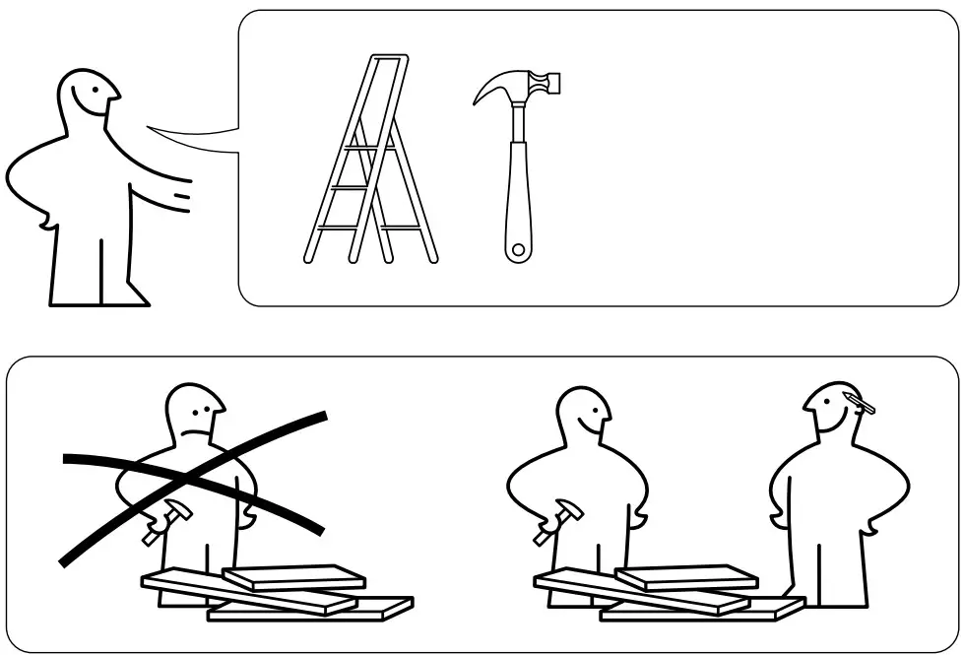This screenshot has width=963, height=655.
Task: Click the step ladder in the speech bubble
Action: pyautogui.click(x=369, y=163)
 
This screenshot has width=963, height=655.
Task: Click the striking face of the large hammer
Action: pyautogui.click(x=557, y=84)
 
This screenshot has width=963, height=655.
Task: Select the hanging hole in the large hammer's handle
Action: pyautogui.click(x=518, y=250)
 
